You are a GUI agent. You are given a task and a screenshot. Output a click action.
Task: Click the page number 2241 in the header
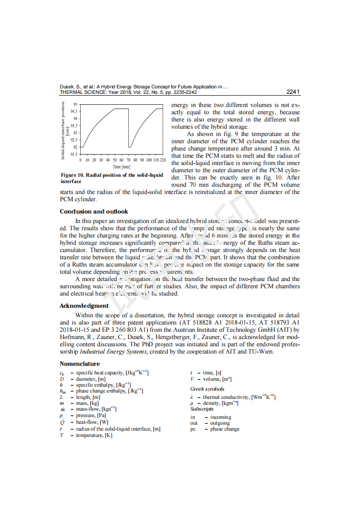[x=293, y=92]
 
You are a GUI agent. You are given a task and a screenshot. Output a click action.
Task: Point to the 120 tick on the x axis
[x=163, y=160]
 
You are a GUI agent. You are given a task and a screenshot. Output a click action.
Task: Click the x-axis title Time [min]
[x=122, y=167]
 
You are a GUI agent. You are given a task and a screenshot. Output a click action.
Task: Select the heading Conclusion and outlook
[x=94, y=211]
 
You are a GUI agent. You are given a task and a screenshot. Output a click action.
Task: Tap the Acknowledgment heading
[x=84, y=305]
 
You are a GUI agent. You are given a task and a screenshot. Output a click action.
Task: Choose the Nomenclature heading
[x=80, y=364]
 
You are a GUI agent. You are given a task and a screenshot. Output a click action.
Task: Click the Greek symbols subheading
[x=207, y=389]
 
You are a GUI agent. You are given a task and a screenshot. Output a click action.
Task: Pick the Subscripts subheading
[x=202, y=409]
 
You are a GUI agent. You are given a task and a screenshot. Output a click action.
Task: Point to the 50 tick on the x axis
[x=115, y=160]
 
